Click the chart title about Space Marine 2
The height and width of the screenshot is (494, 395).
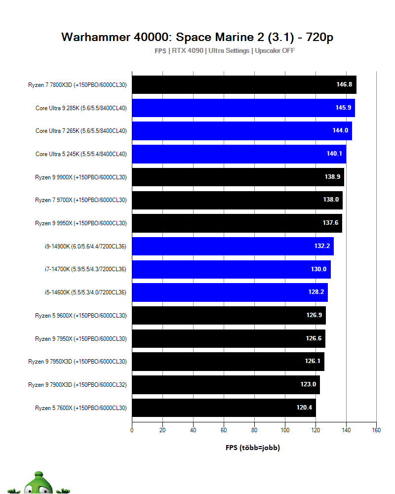point(197,37)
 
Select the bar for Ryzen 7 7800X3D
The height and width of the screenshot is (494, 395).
point(244,84)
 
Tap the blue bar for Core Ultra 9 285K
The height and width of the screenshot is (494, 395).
point(243,108)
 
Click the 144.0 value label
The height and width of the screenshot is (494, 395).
point(340,131)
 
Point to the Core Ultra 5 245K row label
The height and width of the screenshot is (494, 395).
point(81,154)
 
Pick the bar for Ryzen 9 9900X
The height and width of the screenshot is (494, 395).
point(237,177)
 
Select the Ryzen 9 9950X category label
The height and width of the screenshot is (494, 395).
point(81,223)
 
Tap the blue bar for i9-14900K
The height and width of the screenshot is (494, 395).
point(233,246)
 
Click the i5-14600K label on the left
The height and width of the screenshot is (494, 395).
point(85,292)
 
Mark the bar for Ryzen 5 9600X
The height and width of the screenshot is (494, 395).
point(229,315)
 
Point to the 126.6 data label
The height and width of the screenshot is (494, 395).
point(314,338)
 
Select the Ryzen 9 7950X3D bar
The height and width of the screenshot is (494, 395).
point(228,361)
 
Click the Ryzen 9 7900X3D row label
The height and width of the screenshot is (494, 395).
point(78,384)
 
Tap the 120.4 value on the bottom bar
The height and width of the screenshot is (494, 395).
point(304,408)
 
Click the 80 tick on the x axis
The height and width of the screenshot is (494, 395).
point(254,430)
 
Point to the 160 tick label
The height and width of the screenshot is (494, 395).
point(376,430)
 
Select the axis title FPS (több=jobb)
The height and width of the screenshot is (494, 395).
point(253,448)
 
